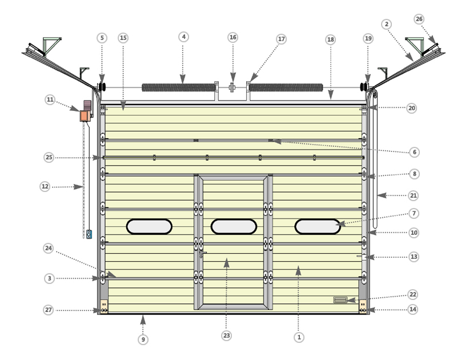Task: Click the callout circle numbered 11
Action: click(x=50, y=99)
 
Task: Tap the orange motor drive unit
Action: click(x=85, y=116)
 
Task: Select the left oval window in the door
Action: click(x=149, y=226)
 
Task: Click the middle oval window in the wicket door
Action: click(x=234, y=226)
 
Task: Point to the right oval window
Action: click(x=318, y=226)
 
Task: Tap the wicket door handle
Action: click(x=202, y=254)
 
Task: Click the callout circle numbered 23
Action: click(x=226, y=335)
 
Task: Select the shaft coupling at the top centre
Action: click(x=232, y=87)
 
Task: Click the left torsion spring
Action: click(x=179, y=87)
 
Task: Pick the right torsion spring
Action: click(x=286, y=87)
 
